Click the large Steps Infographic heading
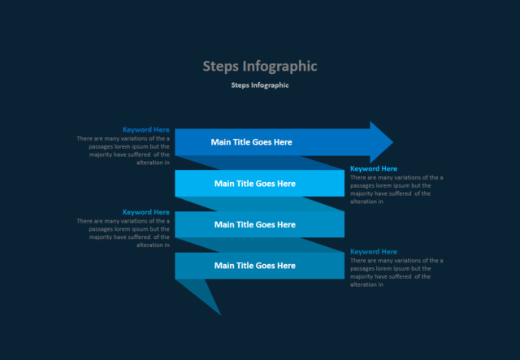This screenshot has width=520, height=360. (x=259, y=66)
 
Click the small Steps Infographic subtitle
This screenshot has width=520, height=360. (x=259, y=85)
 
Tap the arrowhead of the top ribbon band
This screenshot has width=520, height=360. (x=380, y=142)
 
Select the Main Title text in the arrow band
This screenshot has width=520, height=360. (x=251, y=142)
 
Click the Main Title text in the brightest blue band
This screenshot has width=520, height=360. (x=254, y=183)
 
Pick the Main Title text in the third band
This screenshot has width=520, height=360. (x=254, y=224)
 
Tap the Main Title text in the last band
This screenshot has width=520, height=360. (x=254, y=266)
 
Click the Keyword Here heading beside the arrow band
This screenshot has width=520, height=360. (x=146, y=129)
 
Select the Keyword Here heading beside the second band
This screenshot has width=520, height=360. (x=374, y=168)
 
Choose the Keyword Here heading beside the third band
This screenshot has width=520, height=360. (x=146, y=212)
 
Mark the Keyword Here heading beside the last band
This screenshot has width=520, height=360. (x=374, y=252)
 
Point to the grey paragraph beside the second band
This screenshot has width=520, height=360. (x=396, y=189)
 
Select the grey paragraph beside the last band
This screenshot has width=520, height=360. (x=396, y=272)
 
